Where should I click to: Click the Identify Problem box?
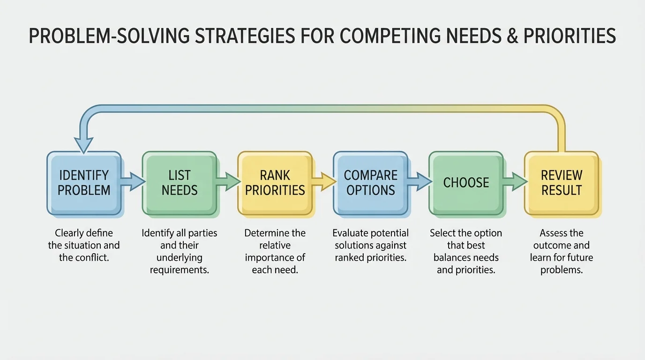click(x=84, y=183)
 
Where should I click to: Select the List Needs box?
click(x=179, y=183)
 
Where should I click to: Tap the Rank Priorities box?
click(x=275, y=183)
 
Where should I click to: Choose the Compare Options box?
click(x=370, y=183)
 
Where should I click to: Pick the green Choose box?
click(x=466, y=183)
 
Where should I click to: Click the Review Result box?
click(x=561, y=183)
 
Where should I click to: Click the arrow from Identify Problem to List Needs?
click(x=133, y=181)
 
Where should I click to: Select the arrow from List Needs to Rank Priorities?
click(x=229, y=181)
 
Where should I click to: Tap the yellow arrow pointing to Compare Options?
click(x=324, y=181)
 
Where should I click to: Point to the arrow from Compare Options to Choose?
click(x=420, y=181)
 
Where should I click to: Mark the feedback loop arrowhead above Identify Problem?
click(x=83, y=145)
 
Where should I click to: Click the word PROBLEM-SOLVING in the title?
click(x=110, y=36)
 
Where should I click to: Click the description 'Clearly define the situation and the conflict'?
click(x=84, y=245)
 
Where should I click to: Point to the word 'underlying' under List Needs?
click(x=179, y=258)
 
